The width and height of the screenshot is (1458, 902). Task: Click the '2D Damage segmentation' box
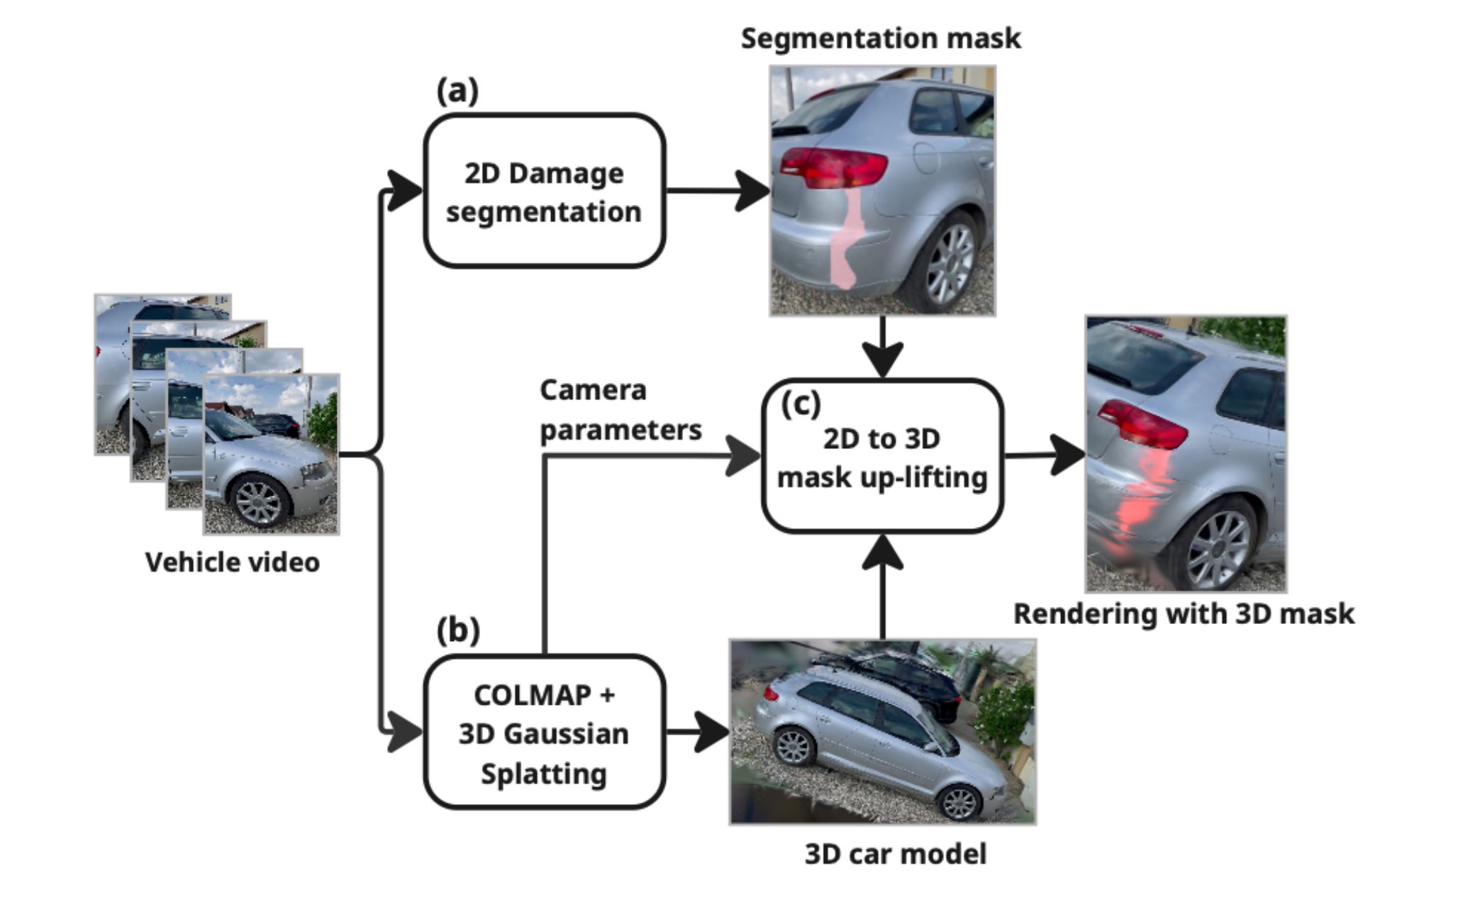(544, 191)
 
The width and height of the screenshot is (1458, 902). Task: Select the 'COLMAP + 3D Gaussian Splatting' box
(544, 733)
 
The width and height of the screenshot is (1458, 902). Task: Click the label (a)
(457, 91)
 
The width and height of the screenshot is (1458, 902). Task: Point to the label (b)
(458, 630)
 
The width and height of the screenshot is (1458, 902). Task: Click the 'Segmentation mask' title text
(881, 38)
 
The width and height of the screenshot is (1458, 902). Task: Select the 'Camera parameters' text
(620, 410)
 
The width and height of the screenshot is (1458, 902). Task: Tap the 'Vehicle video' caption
(233, 562)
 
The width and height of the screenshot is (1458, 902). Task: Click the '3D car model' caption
(895, 854)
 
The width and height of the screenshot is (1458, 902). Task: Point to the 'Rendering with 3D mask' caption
(1184, 613)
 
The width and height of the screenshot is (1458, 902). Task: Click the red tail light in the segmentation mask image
(833, 167)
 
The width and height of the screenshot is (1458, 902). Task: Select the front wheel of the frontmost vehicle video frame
(258, 502)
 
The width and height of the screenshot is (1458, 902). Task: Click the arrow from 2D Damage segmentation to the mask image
(716, 191)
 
